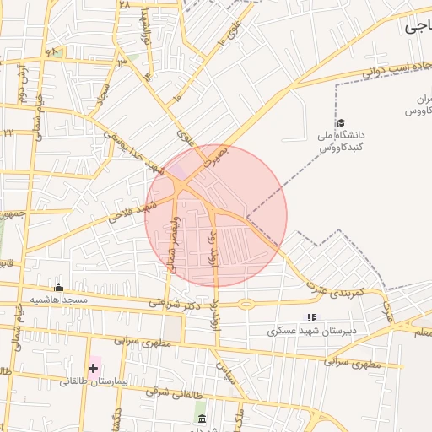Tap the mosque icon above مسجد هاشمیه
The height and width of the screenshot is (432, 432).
[x=58, y=288]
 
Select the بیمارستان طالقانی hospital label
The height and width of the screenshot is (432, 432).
[x=94, y=381]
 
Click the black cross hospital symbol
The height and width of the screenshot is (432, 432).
[x=93, y=368]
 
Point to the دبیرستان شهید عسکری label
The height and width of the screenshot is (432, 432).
[x=312, y=330]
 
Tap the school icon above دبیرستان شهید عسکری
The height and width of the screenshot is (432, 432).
[x=311, y=317]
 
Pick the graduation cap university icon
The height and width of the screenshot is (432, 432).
[x=341, y=123]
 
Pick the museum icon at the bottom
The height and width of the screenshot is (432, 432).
[x=201, y=419]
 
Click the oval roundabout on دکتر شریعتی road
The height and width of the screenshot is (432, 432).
[x=246, y=303]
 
